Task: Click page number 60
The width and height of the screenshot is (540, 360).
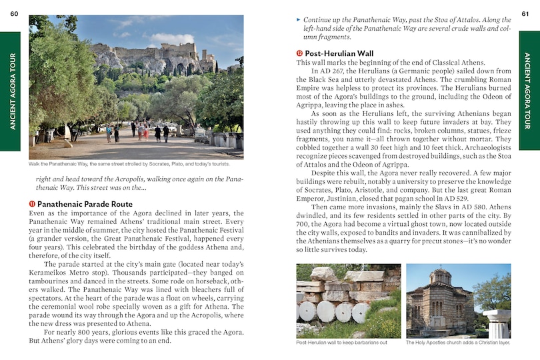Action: [x=14, y=7]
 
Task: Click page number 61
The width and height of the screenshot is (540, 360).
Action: [x=525, y=7]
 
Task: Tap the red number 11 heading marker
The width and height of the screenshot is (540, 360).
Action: [x=32, y=204]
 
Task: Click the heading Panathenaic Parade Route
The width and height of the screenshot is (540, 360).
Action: [x=85, y=204]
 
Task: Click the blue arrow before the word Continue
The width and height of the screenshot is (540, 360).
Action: [x=299, y=21]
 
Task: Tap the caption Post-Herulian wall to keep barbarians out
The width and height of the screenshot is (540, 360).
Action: [x=341, y=343]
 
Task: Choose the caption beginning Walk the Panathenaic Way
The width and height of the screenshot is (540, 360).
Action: [x=129, y=164]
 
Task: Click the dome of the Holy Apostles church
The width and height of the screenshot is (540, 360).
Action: [x=440, y=275]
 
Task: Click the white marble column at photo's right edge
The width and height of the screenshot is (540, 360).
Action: [x=498, y=323]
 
